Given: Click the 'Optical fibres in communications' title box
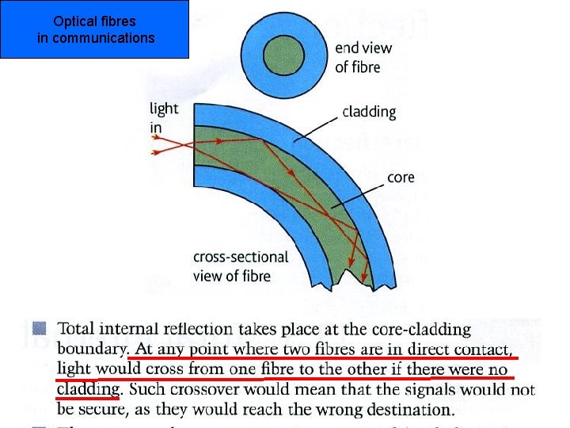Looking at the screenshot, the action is click(95, 30).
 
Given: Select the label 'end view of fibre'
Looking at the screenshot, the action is click(363, 58).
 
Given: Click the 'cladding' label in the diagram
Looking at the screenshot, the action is click(369, 112).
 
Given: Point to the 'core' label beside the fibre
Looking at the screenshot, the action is click(401, 177).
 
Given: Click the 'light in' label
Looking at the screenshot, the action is click(163, 117).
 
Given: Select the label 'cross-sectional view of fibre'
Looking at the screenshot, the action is click(241, 266).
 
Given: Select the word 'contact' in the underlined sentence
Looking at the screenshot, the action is click(484, 349).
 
